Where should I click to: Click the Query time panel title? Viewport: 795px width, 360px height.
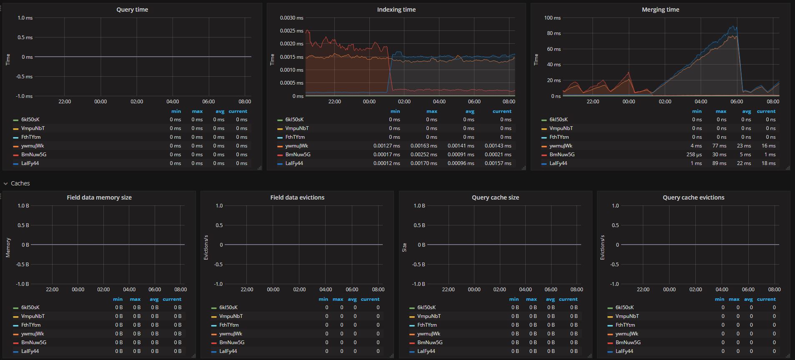pos(132,10)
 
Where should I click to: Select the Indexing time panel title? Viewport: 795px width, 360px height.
pos(396,10)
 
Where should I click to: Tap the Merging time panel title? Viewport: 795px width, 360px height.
pos(660,10)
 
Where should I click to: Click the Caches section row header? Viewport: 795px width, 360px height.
pos(20,183)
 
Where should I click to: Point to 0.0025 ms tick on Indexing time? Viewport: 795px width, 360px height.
pos(292,31)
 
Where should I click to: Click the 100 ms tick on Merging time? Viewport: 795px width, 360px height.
pos(552,18)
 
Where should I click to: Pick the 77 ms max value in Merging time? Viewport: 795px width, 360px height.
pos(721,146)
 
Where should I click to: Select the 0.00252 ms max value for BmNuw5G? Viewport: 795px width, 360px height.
pos(424,155)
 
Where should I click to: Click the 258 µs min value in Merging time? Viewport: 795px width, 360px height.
pos(694,155)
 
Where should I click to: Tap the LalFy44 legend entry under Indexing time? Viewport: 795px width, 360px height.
pos(294,163)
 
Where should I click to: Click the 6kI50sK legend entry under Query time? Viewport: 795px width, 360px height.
pos(30,120)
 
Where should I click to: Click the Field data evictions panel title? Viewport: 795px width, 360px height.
pos(297,197)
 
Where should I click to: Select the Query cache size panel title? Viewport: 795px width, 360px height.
pos(495,197)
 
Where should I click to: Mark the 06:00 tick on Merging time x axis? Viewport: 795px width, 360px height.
pos(737,102)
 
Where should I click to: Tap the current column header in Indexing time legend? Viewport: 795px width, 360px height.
pos(502,111)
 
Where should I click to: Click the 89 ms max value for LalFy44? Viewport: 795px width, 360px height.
pos(721,163)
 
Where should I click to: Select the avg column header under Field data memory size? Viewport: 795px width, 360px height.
pos(154,299)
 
